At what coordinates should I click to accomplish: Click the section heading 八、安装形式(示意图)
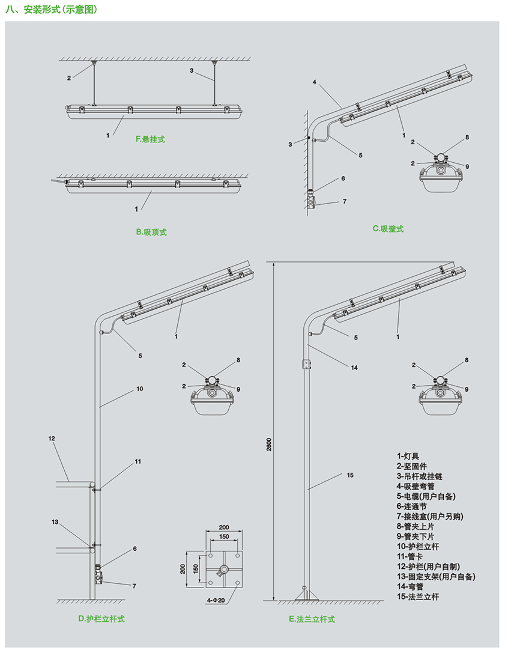pyautogui.click(x=50, y=10)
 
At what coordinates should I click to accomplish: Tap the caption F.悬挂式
pyautogui.click(x=150, y=139)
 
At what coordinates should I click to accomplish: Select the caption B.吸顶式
pyautogui.click(x=151, y=232)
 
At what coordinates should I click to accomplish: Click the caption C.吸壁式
pyautogui.click(x=387, y=228)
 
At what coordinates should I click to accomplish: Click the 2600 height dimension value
pyautogui.click(x=268, y=445)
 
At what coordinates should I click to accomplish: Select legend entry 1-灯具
pyautogui.click(x=408, y=456)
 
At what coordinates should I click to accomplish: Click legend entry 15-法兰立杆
pyautogui.click(x=418, y=597)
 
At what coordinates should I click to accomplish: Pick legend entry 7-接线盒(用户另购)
pyautogui.click(x=430, y=517)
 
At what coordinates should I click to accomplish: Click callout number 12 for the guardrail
pyautogui.click(x=52, y=439)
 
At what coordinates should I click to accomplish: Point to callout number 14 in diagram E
pyautogui.click(x=354, y=368)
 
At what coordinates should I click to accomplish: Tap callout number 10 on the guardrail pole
pyautogui.click(x=139, y=389)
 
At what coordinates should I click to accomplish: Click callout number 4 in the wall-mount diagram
pyautogui.click(x=314, y=82)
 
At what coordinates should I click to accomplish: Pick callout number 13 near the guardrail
pyautogui.click(x=55, y=522)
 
